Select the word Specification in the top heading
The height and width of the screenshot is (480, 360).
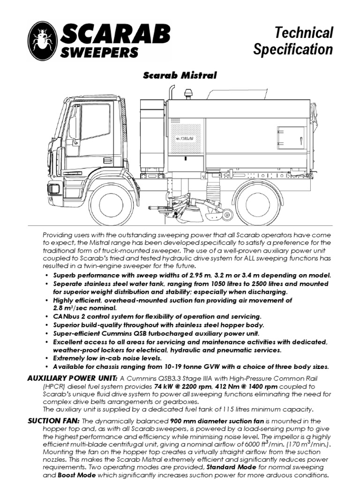click(x=293, y=49)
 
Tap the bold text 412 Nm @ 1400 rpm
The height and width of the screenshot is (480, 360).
click(x=245, y=386)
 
